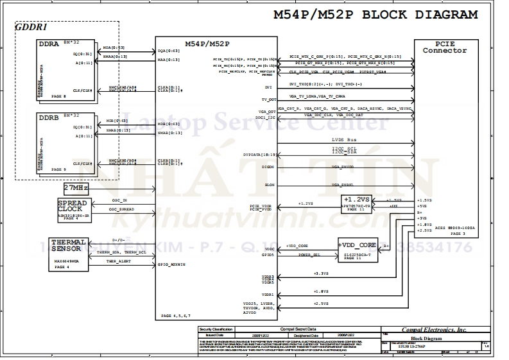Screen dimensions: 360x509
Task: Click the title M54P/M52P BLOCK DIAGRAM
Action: [x=375, y=15]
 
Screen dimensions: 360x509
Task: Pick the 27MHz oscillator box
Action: [x=76, y=188]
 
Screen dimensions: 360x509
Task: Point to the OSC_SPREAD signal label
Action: [x=121, y=209]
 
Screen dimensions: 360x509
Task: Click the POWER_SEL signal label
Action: [x=310, y=254]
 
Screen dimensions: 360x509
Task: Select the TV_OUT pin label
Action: [x=268, y=99]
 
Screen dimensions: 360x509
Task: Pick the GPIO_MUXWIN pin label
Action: [x=172, y=264]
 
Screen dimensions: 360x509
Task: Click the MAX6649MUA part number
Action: [x=67, y=262]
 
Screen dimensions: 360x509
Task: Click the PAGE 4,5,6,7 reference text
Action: [x=176, y=316]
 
